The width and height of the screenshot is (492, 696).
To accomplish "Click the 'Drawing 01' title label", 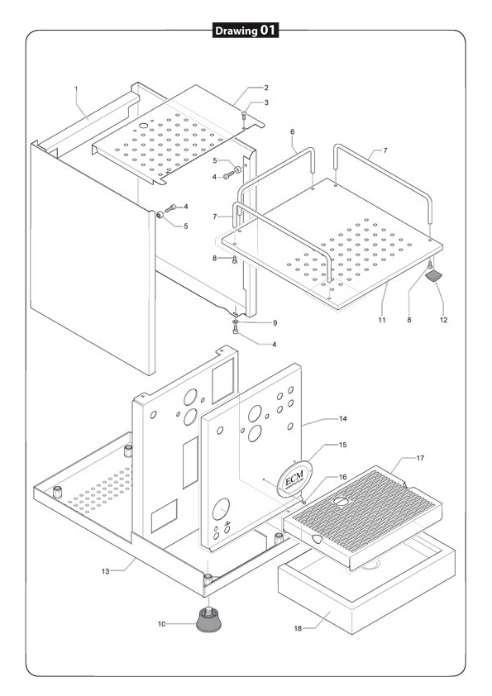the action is coord(246,31).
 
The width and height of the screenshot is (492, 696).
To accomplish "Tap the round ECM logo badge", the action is coord(294,479).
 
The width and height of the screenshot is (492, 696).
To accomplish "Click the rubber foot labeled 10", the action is coord(208,620).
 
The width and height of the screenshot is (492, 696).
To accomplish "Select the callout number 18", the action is coord(298,628).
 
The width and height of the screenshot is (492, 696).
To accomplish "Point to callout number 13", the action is coord(105,571).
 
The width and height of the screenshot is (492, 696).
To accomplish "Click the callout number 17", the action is coord(420,458).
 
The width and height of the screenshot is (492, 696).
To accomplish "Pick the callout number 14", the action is coord(343,418).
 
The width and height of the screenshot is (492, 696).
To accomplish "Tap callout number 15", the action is coord(343,445).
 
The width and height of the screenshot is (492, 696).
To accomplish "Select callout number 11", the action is coord(382,320).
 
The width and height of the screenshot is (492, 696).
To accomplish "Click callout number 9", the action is coord(275,323).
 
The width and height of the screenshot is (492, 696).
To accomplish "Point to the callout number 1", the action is coord(76,88).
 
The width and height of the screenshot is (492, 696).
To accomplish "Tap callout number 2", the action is coord(266,88).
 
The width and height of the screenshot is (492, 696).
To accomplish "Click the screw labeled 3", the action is coord(244,116).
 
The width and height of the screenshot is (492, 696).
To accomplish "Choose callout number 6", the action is coord(292,131).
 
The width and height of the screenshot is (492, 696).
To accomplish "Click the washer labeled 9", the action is coord(236,322).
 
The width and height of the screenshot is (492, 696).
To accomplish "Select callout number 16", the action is coord(343,477).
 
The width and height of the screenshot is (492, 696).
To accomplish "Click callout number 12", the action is coord(443,320).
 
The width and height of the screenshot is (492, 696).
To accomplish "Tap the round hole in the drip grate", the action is coord(341,501).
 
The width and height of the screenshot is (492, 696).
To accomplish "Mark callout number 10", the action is coord(161,624).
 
